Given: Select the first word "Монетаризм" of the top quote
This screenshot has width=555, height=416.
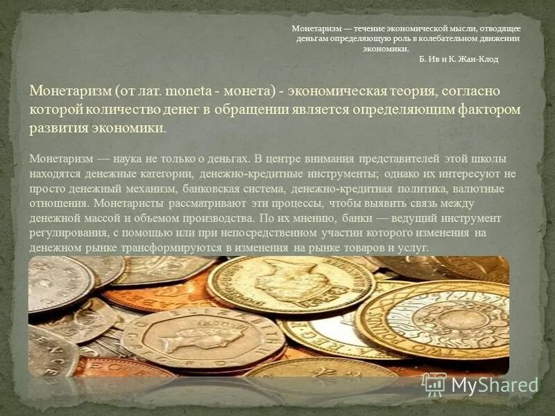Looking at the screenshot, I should (314, 28).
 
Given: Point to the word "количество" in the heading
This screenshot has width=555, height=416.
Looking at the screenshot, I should (122, 110).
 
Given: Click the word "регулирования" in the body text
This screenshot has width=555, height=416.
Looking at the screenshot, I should (65, 233).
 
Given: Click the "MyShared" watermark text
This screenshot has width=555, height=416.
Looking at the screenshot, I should (494, 385).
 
